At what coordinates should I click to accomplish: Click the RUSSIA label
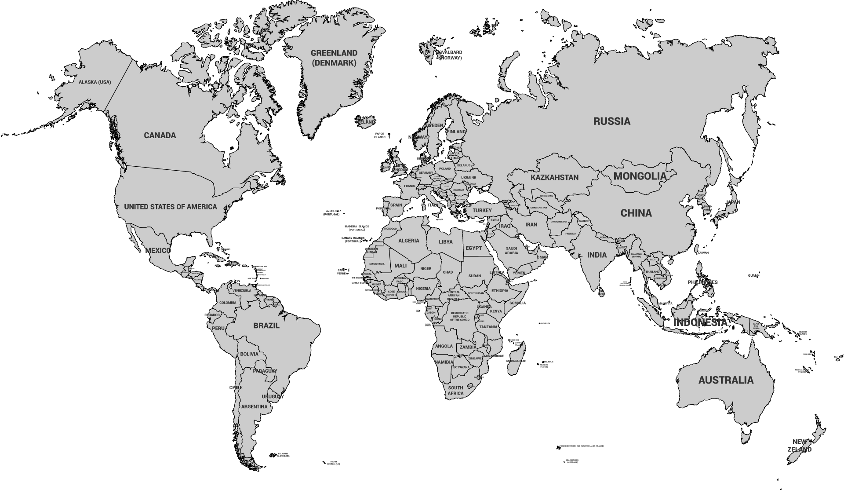[611, 121]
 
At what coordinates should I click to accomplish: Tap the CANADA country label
[160, 135]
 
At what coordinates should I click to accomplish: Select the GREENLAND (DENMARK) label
[334, 58]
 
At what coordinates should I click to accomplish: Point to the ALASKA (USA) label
[95, 82]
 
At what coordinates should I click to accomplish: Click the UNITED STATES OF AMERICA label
[170, 207]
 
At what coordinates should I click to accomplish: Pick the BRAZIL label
[266, 326]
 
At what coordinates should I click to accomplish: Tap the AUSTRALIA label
[726, 380]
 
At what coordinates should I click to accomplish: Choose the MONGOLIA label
[640, 176]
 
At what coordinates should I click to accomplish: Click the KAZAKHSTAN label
[554, 178]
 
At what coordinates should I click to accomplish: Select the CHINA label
[636, 213]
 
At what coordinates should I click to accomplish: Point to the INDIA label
[597, 255]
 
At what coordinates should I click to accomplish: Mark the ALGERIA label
[408, 241]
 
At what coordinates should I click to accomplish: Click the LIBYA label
[445, 242]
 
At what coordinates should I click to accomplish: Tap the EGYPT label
[473, 248]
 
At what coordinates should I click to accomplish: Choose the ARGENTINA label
[254, 407]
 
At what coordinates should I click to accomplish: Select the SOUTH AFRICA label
[455, 391]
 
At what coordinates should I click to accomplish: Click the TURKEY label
[482, 211]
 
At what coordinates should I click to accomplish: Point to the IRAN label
[531, 224]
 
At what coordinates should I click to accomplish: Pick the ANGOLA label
[444, 346]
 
